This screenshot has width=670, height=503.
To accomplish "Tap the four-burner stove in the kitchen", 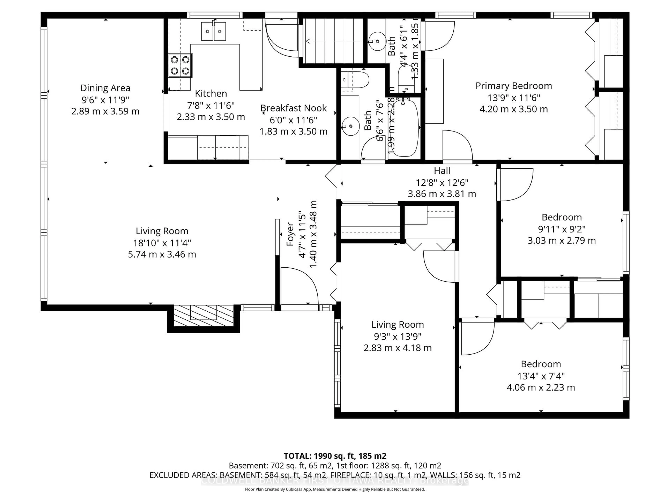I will [180, 65].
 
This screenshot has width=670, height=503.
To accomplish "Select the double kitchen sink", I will [214, 31].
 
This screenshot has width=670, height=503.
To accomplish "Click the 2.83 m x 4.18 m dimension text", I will [397, 348].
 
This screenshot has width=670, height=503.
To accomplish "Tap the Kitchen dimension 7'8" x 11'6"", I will [211, 105].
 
